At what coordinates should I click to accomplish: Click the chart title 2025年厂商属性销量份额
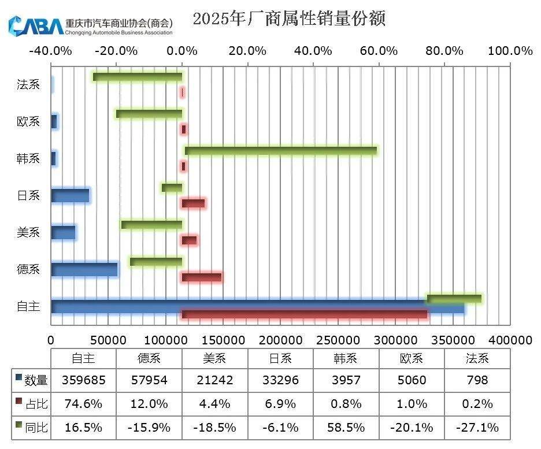click(288, 18)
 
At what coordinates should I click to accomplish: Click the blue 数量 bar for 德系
click(84, 269)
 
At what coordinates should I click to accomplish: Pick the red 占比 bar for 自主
click(304, 314)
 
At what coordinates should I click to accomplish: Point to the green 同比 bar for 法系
click(138, 77)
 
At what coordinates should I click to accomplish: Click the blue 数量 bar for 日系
click(70, 195)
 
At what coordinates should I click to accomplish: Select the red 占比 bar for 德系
click(202, 277)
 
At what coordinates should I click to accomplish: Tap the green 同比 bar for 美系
click(151, 225)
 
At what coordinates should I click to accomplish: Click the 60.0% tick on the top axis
click(379, 51)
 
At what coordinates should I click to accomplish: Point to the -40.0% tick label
click(50, 51)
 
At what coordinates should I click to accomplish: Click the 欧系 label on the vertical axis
click(28, 121)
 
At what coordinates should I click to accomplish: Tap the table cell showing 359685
click(83, 380)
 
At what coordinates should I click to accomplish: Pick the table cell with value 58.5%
click(346, 428)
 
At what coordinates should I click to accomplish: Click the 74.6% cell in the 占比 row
click(83, 404)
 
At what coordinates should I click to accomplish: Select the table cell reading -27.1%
click(477, 428)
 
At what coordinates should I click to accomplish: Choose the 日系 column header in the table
click(280, 358)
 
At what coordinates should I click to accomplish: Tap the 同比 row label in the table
click(33, 428)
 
